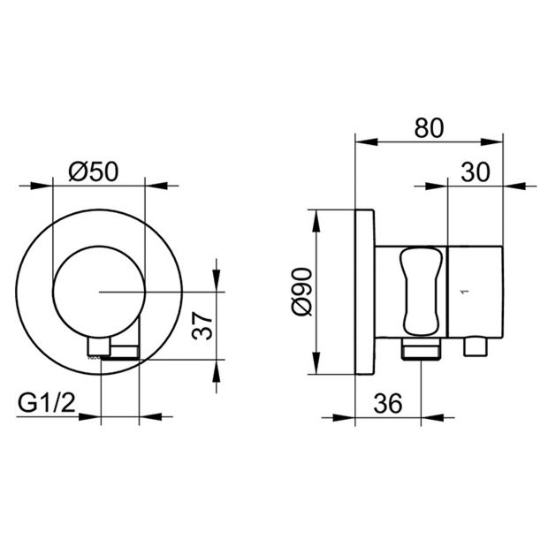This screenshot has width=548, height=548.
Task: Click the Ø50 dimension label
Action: pos(94,172)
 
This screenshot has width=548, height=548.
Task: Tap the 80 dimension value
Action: pos(429,128)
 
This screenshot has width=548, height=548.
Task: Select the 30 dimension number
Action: pos(476,172)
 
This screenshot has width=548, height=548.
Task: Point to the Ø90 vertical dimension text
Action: pos(301,293)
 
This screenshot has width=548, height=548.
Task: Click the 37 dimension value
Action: pos(202,326)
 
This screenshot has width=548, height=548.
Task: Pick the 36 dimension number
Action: pos(388,403)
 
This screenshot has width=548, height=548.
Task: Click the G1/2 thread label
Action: pos(47,403)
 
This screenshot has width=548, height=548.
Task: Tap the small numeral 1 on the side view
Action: pos(464,292)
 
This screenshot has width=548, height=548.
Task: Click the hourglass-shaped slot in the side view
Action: pos(421,292)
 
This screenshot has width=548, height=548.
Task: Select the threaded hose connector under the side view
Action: pos(421,349)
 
